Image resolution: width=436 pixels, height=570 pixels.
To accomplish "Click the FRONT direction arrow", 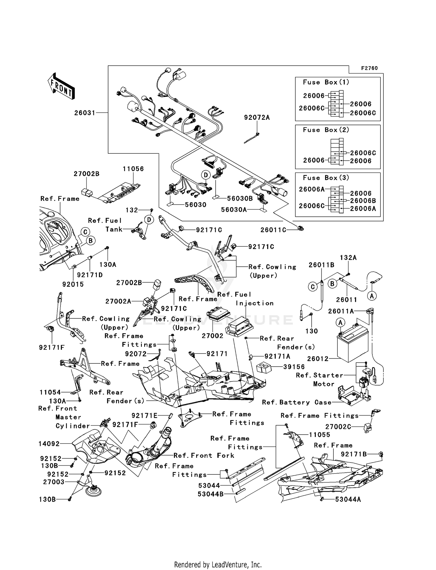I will tap(61, 86).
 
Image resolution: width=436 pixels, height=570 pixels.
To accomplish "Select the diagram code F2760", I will tap(369, 68).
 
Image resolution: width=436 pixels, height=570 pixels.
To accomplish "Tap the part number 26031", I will tap(85, 113).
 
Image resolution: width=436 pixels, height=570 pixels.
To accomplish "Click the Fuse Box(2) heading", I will tap(326, 130).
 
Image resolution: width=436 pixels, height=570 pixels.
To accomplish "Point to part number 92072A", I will tap(257, 117).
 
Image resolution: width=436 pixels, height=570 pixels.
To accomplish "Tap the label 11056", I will tap(133, 169).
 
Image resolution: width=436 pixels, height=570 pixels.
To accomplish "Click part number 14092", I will tap(49, 444).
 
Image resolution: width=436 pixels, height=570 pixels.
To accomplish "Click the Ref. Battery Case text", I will tap(296, 402).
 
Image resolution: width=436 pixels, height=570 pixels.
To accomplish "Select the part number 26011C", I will tap(273, 230).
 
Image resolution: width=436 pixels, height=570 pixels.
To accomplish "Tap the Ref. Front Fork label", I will tap(204, 455).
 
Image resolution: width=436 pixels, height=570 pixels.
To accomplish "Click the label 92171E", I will tap(144, 416).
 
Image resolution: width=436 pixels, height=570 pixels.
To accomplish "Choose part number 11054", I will tap(50, 392).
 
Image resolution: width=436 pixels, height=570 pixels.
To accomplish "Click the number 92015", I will tap(73, 284).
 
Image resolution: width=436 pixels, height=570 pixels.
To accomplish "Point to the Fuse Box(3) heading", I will tap(326, 178).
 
